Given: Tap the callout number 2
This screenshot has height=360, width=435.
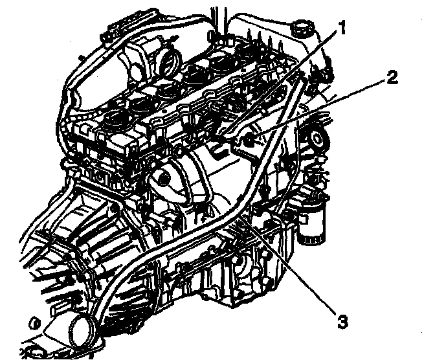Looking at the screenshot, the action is click(391, 78).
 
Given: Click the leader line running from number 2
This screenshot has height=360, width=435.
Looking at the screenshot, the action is click(324, 106).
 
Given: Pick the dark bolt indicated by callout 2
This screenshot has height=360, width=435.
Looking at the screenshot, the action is click(251, 138).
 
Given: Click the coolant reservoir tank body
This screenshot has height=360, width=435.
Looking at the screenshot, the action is click(272, 39).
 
